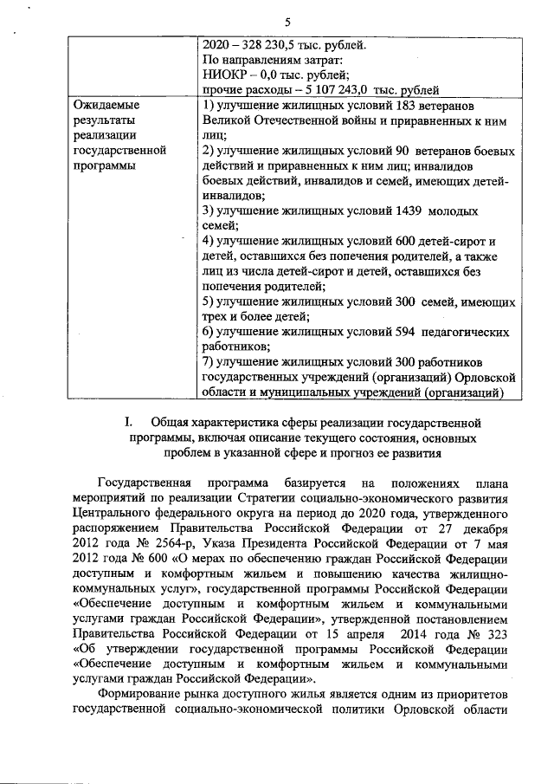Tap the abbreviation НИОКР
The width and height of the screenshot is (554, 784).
222,75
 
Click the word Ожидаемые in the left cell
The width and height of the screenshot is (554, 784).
107,106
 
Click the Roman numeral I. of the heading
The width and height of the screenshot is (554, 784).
128,422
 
